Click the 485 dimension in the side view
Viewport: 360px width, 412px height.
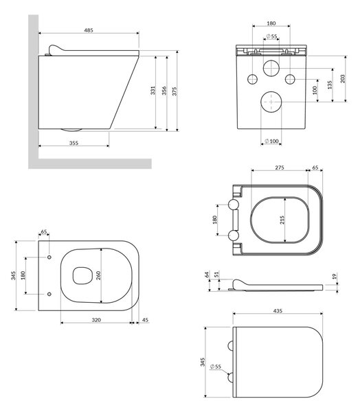click(89, 30)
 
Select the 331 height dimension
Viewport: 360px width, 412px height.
click(153, 91)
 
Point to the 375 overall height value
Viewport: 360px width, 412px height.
click(175, 91)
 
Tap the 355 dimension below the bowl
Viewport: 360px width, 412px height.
click(74, 143)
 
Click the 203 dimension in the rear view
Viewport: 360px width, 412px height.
click(343, 79)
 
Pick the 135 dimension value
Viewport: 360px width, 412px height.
click(330, 85)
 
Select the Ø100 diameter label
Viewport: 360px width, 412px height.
click(271, 141)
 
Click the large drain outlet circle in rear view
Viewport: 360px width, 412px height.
click(271, 102)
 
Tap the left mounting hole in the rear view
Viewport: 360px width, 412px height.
click(252, 79)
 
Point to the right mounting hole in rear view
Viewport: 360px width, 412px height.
click(290, 79)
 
